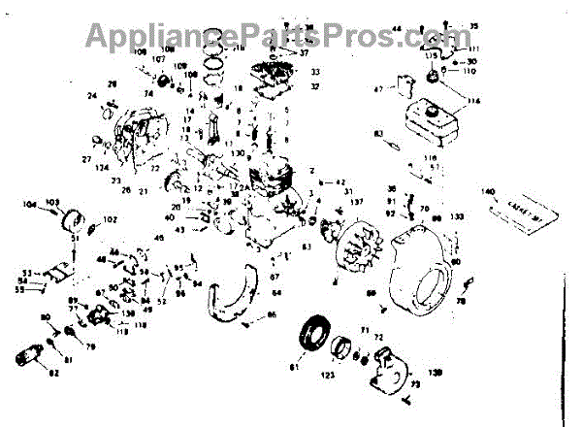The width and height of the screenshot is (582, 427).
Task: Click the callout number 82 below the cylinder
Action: [x=53, y=373]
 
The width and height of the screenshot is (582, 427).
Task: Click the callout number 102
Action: [x=109, y=220]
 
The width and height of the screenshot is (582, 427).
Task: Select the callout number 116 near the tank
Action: [x=474, y=101]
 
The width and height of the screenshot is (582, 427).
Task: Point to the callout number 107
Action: [x=158, y=58]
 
